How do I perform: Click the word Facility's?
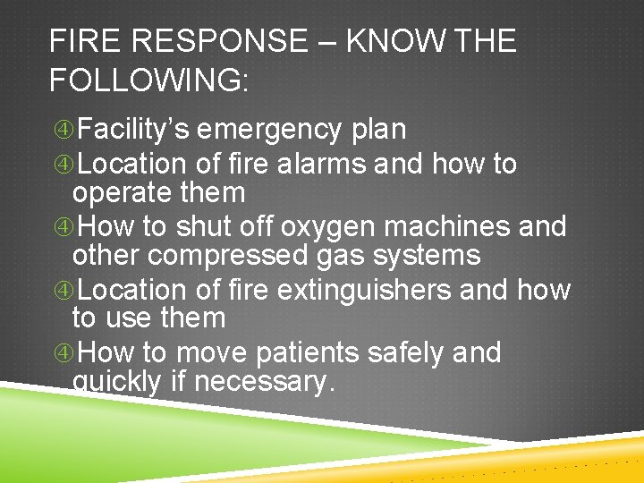point(132,130)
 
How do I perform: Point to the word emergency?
point(269,130)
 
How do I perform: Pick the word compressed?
point(226,256)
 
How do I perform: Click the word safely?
point(409,352)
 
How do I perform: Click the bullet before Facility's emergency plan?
point(62,131)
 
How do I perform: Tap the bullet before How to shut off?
point(62,228)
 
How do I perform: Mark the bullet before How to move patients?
point(62,353)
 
